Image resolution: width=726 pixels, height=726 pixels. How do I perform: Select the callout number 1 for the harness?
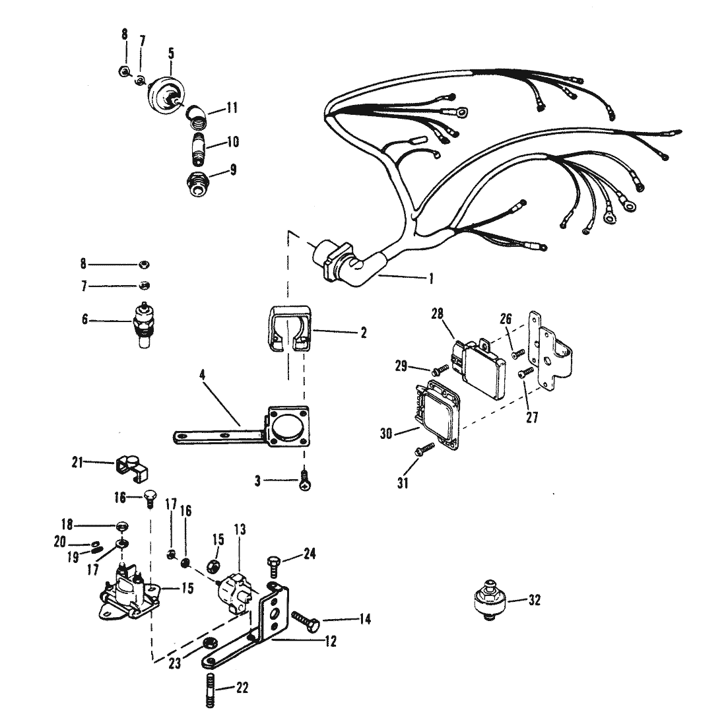pos(430,279)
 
